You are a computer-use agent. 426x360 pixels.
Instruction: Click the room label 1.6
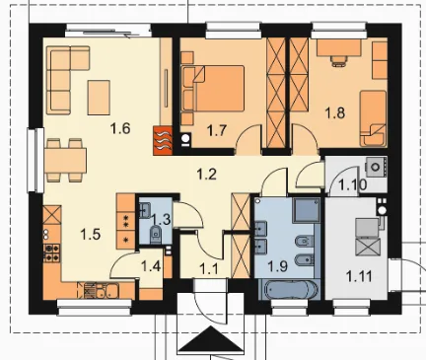pos(120,128)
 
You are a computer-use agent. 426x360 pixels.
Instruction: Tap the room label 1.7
pos(217,130)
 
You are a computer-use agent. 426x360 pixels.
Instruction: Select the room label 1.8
pos(335,112)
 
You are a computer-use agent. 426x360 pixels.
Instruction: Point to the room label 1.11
pos(359,276)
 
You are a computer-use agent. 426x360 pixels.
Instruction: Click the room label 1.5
pos(91,235)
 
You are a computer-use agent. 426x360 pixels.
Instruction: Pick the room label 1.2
pos(207,174)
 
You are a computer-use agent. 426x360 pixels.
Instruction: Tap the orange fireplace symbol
pos(163,141)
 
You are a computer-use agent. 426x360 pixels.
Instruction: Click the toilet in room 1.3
pos(155,233)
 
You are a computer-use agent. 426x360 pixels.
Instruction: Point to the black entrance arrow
pos(210,339)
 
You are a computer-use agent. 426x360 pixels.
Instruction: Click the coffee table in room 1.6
pos(99,98)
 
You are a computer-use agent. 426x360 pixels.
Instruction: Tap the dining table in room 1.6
pos(66,161)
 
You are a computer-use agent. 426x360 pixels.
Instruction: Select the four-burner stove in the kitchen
pos(52,252)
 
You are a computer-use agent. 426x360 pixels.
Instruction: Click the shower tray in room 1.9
pos(306,210)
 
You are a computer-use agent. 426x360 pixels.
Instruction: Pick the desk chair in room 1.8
pos(339,61)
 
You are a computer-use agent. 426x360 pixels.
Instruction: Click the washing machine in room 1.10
pos(376,167)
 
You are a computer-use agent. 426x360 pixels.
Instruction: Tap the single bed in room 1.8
pos(373,118)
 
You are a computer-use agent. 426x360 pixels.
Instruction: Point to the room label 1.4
pos(151,266)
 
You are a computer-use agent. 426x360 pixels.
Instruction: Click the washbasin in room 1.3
pos(145,210)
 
